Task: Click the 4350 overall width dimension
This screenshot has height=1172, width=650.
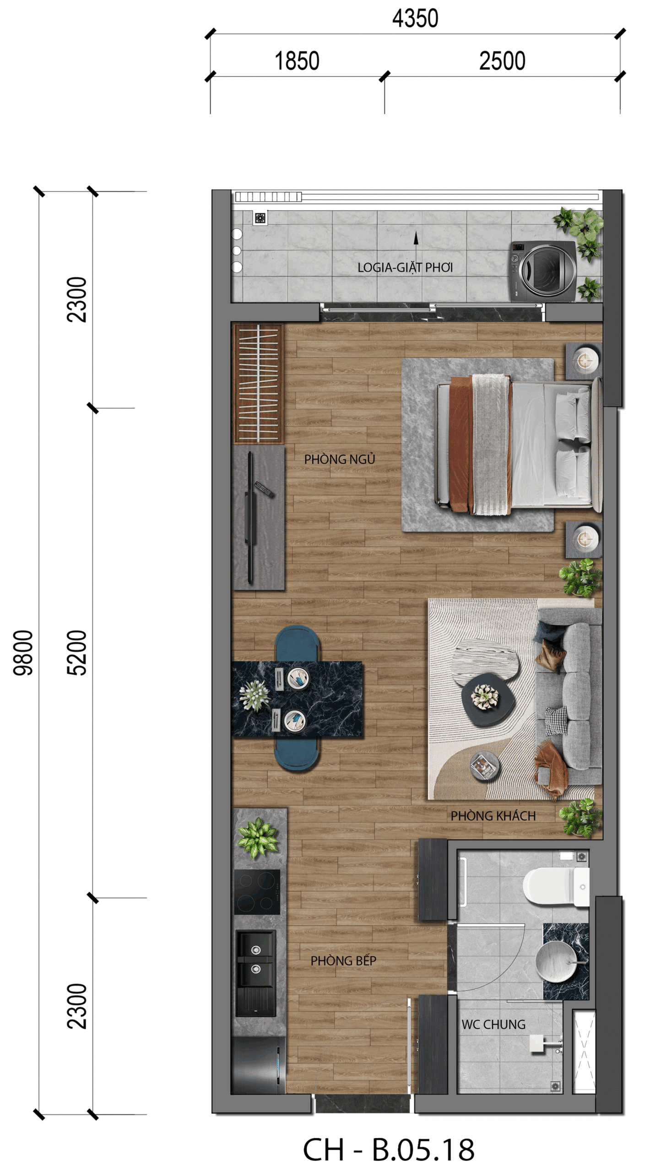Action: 415,18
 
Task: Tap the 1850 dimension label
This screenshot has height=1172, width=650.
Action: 297,61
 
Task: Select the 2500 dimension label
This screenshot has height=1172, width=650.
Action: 502,61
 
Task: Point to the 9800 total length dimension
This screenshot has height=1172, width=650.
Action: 23,653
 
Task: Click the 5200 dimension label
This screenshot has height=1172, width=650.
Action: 76,653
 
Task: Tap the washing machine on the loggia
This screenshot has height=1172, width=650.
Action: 543,271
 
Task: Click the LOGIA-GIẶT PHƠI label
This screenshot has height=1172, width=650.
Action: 405,267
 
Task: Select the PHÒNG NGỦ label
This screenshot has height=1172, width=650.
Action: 340,459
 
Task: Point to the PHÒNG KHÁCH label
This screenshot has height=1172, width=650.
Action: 493,816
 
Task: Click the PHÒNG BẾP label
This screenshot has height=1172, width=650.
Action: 343,960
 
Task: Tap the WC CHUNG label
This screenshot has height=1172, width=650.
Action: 493,1025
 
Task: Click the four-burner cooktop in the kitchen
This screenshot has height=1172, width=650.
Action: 257,892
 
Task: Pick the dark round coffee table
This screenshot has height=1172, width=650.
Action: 488,700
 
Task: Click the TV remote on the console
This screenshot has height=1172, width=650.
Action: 264,489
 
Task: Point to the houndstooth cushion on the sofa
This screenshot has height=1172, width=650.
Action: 556,721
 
